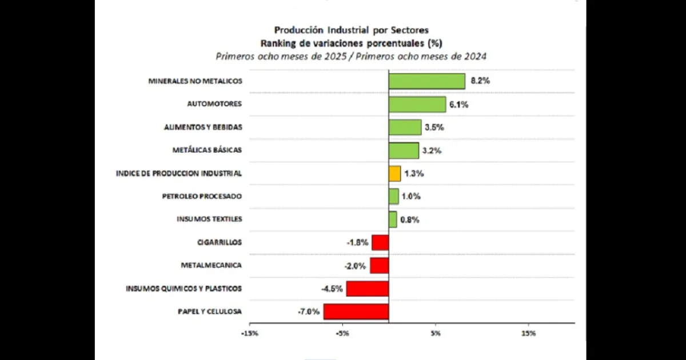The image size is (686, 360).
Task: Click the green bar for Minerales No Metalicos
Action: pyautogui.click(x=426, y=81)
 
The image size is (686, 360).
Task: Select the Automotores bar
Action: pyautogui.click(x=417, y=104)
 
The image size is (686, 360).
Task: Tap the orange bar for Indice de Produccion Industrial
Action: pyautogui.click(x=394, y=173)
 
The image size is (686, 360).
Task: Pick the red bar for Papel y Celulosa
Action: pyautogui.click(x=356, y=311)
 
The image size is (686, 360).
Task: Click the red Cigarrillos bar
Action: pyautogui.click(x=380, y=242)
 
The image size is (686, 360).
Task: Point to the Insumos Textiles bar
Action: pyautogui.click(x=393, y=219)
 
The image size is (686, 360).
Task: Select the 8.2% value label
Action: pyautogui.click(x=480, y=81)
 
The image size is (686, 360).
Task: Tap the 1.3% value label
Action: pyautogui.click(x=414, y=173)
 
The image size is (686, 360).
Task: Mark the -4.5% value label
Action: pyautogui.click(x=332, y=289)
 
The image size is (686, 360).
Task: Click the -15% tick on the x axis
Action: pyautogui.click(x=249, y=333)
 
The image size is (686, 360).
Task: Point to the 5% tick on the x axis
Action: pyautogui.click(x=435, y=333)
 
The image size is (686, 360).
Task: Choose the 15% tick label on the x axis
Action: pyautogui.click(x=528, y=333)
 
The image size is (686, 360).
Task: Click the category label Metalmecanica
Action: pyautogui.click(x=211, y=265)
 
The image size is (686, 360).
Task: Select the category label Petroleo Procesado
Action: pyautogui.click(x=202, y=196)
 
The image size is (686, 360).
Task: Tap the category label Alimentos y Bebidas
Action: pyautogui.click(x=203, y=127)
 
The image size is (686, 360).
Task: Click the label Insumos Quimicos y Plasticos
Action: pyautogui.click(x=184, y=289)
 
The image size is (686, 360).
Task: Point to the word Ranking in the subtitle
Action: pyautogui.click(x=278, y=43)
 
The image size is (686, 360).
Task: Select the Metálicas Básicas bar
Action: pyautogui.click(x=404, y=150)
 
